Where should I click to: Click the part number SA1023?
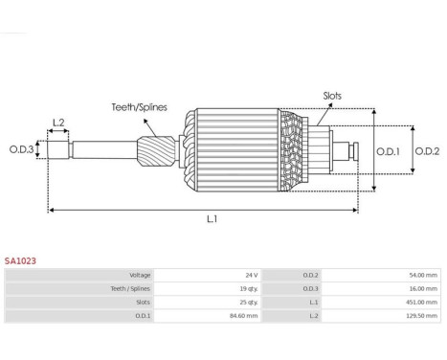20,260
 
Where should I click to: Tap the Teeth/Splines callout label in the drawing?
139,107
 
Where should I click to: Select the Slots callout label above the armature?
332,96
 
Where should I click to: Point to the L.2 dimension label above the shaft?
58,123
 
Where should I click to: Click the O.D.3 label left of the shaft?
21,149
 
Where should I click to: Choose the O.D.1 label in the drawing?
388,151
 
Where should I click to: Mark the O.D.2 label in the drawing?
427,151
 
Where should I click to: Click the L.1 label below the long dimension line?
212,219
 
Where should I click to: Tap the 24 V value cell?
252,275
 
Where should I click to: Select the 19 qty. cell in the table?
249,289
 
